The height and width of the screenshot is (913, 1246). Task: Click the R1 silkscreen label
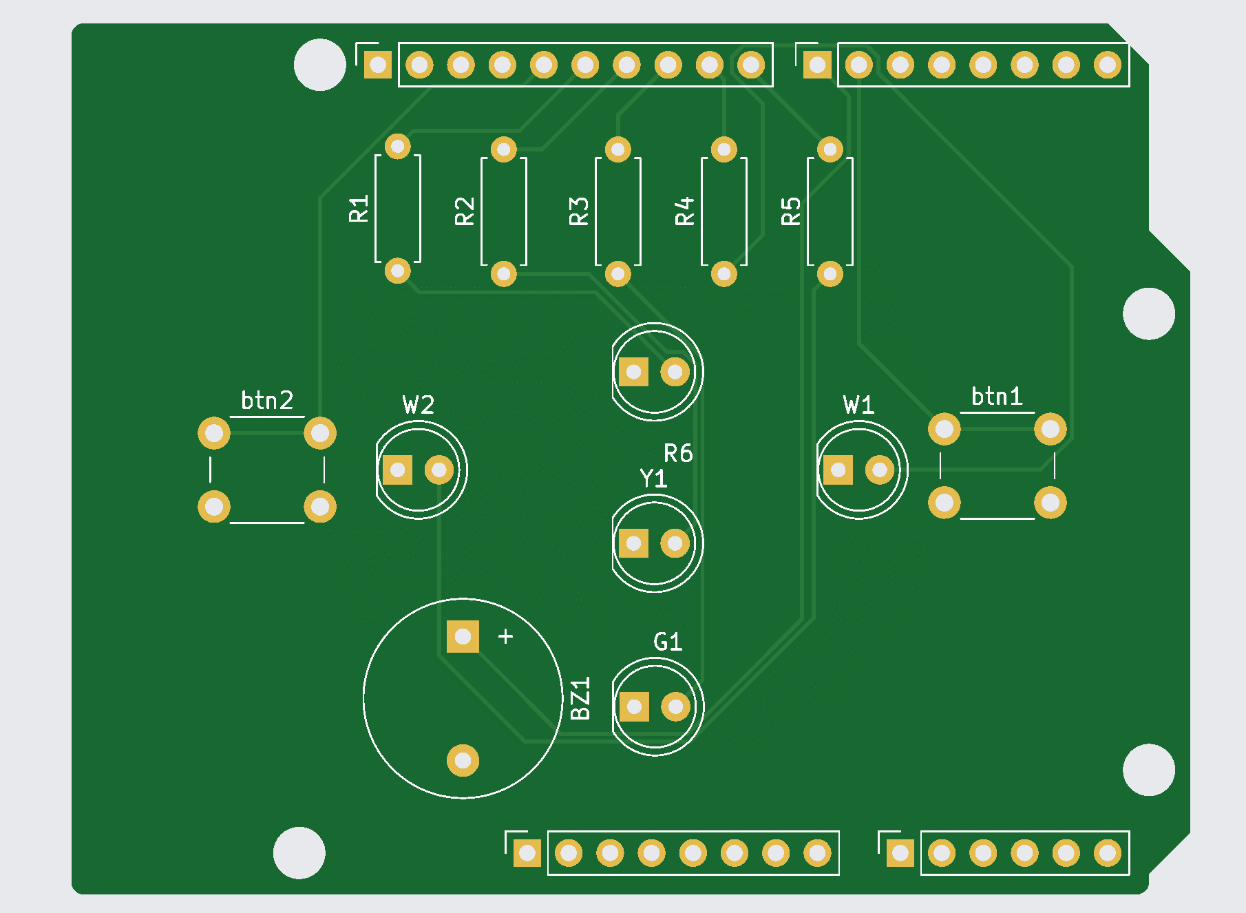click(359, 209)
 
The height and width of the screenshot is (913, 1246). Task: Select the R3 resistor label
click(579, 211)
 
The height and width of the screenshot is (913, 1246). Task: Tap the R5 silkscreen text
click(791, 211)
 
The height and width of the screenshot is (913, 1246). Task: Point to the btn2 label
click(267, 400)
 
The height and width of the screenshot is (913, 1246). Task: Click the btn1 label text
click(997, 396)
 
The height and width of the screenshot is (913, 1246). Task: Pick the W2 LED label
click(419, 405)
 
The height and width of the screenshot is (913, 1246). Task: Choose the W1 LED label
click(859, 405)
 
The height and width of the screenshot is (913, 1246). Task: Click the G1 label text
click(668, 642)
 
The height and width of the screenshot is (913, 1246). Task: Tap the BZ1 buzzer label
click(581, 698)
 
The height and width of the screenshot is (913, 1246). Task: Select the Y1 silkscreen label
click(653, 479)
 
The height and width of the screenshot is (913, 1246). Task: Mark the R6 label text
click(678, 453)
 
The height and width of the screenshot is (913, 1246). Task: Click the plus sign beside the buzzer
click(505, 636)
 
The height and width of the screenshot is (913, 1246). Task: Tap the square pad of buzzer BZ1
click(463, 636)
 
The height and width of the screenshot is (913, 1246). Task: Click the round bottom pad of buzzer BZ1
click(463, 760)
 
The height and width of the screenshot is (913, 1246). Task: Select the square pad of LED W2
click(397, 470)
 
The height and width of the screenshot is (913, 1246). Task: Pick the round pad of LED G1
click(675, 706)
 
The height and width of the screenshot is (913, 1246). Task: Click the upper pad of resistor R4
click(724, 149)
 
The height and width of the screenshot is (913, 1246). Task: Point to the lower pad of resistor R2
click(503, 274)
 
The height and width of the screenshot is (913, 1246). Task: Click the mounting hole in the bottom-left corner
click(299, 852)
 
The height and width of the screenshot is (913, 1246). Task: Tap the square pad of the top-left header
click(377, 65)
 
